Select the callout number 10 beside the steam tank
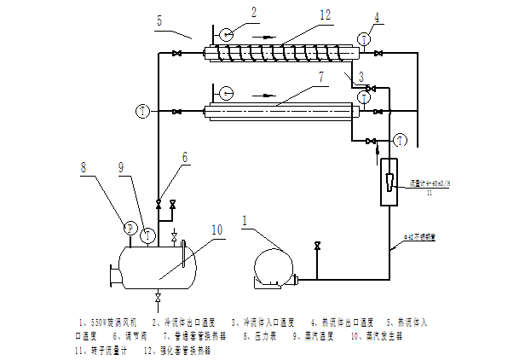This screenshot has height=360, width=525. (216, 229)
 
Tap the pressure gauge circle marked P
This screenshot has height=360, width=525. (130, 228)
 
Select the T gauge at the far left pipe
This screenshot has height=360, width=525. (141, 112)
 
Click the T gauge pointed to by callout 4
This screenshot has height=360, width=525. (363, 38)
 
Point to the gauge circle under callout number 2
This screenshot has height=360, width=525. (225, 35)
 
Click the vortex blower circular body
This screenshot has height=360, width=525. (274, 264)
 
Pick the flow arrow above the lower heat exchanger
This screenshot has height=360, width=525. (267, 95)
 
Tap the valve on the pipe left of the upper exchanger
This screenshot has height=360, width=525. (176, 55)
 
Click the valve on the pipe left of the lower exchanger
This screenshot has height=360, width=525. (176, 112)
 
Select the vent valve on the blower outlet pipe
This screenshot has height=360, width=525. (318, 247)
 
